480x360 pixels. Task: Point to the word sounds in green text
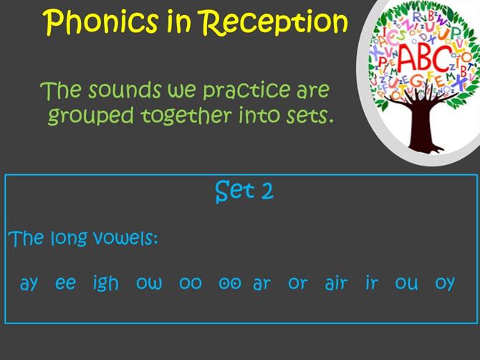click(x=125, y=90)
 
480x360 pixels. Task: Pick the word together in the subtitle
click(x=186, y=115)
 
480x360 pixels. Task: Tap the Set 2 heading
click(x=244, y=191)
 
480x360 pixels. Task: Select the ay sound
click(x=29, y=284)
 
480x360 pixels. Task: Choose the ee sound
click(x=65, y=283)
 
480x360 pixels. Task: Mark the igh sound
click(x=105, y=283)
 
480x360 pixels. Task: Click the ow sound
click(x=149, y=283)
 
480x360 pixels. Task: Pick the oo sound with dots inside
click(x=230, y=283)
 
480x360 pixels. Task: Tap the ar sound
click(x=261, y=284)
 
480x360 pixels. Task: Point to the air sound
click(x=336, y=283)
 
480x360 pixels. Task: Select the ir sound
click(x=372, y=283)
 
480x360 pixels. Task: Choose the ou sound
click(x=406, y=283)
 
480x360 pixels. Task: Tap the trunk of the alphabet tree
click(x=422, y=128)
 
